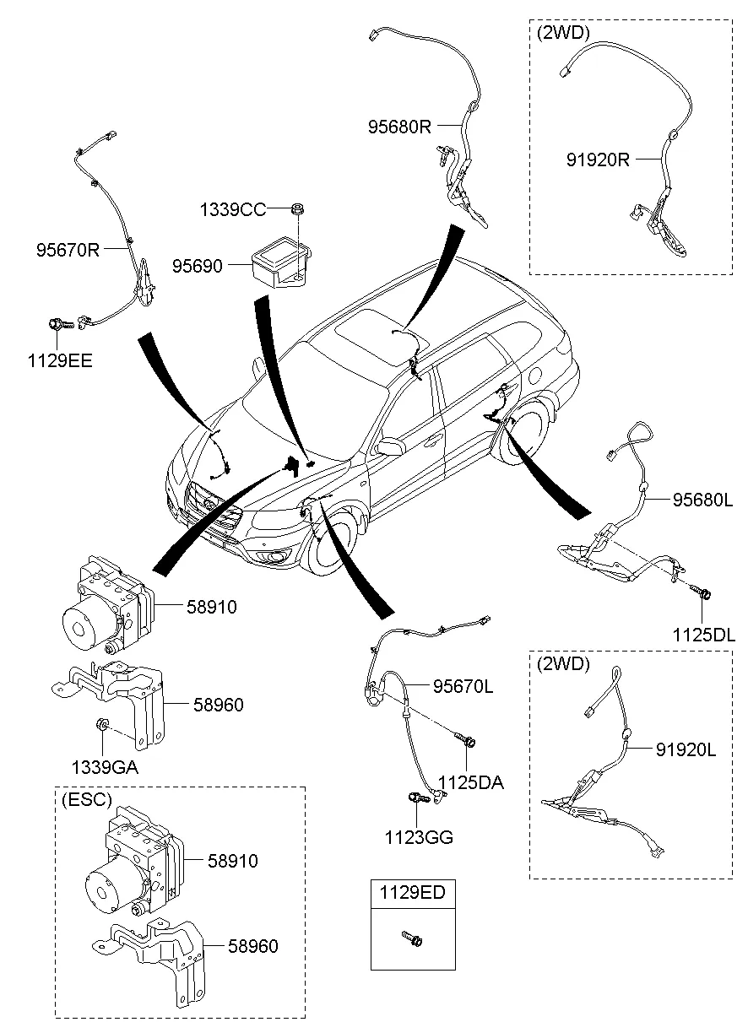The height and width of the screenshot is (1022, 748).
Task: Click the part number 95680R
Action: click(x=399, y=127)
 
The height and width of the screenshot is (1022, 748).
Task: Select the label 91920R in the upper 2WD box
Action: click(x=598, y=158)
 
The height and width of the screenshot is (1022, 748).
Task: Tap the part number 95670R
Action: click(x=68, y=250)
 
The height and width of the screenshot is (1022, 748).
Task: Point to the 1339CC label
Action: click(x=233, y=209)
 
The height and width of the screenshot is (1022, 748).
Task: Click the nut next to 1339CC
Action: click(x=298, y=208)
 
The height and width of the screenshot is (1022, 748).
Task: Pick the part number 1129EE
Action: click(x=58, y=361)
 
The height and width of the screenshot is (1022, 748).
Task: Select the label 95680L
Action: click(x=702, y=500)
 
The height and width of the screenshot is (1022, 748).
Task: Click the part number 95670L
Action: click(x=463, y=687)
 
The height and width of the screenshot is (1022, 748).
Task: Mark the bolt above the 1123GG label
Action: click(x=416, y=798)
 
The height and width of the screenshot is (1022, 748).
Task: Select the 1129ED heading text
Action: click(x=411, y=893)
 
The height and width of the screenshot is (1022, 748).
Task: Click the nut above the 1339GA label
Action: click(x=100, y=723)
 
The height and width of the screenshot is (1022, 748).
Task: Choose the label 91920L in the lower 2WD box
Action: click(x=684, y=749)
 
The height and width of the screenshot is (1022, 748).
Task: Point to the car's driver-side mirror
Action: click(x=390, y=446)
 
